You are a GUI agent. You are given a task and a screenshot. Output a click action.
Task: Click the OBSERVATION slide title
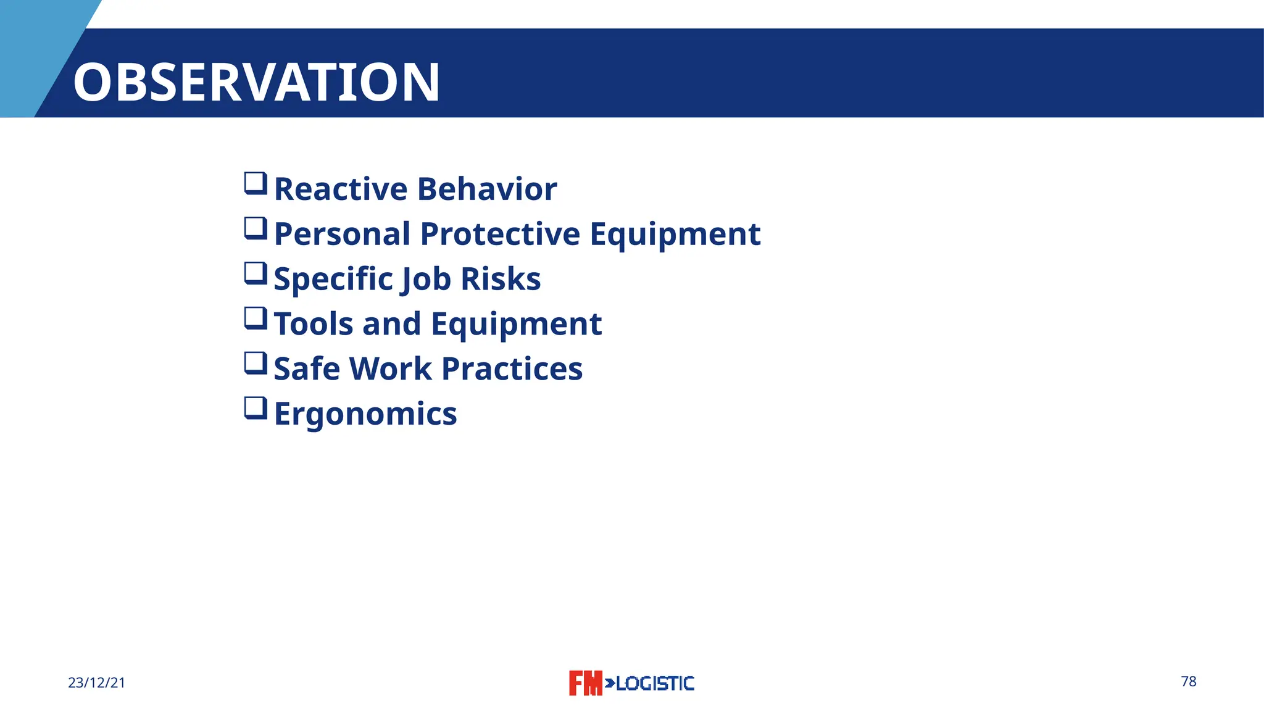256,82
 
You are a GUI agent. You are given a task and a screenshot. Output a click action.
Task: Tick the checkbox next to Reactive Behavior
256,184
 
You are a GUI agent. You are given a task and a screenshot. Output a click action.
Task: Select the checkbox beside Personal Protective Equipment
256,228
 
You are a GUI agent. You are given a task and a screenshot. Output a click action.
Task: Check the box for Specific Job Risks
256,273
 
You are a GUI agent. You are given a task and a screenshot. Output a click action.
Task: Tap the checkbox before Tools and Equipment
256,318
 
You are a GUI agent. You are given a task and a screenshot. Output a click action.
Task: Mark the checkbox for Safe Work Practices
256,364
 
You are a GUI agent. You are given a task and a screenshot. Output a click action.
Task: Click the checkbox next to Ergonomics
256,409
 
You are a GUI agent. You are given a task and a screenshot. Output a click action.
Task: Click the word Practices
512,369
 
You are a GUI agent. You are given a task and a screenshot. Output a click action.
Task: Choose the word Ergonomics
365,414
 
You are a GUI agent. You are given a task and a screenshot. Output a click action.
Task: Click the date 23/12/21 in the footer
96,683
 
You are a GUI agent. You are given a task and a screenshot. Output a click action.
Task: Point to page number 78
1188,681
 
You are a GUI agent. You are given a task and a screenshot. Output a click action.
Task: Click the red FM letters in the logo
584,683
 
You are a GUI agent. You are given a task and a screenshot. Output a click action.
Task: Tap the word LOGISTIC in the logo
655,683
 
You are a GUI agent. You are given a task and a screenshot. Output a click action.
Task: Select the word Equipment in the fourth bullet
516,324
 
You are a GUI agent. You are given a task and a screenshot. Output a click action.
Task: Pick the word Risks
501,279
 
